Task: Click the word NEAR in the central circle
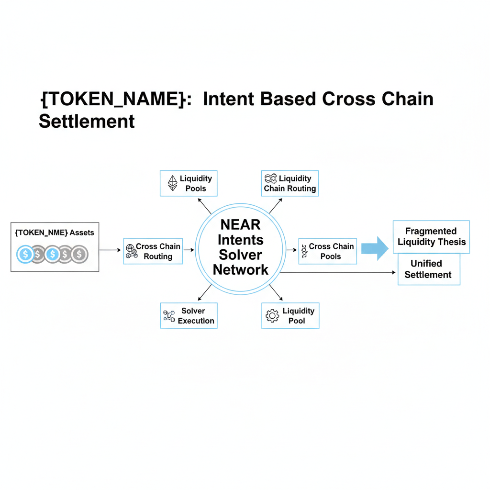coord(240,224)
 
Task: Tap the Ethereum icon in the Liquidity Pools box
coord(172,183)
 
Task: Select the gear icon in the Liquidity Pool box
coord(272,316)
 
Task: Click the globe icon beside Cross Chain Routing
coord(130,251)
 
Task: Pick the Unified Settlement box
coord(429,269)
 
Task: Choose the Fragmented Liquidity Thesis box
coord(431,236)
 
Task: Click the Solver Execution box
coord(189,315)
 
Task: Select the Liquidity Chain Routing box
coord(290,183)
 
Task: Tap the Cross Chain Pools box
coord(328,251)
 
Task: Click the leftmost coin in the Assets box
coord(25,254)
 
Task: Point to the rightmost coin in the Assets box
coord(79,254)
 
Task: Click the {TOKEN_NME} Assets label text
coord(55,233)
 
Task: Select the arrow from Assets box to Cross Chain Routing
coord(111,250)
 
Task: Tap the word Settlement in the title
coord(87,121)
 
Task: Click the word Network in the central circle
coord(240,269)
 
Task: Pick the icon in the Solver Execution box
coord(169,316)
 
